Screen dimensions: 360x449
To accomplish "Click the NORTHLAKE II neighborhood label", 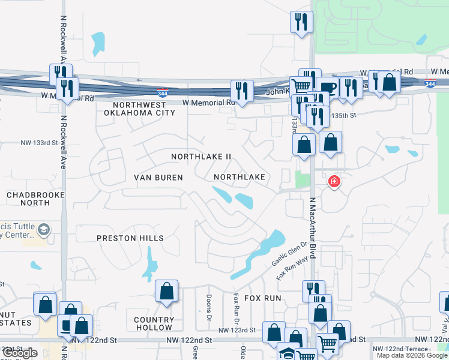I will (201, 157).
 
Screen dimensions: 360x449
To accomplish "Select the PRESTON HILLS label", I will (130, 238).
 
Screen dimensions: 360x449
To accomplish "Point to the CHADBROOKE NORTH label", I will (28, 199).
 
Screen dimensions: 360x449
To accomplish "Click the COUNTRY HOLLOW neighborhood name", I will (154, 324).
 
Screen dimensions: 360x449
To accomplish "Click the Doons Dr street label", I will (209, 307).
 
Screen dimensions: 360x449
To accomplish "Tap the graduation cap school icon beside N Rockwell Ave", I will (44, 229).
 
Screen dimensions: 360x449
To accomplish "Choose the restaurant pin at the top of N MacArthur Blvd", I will (300, 22).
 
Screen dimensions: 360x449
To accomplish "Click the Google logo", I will (20, 353).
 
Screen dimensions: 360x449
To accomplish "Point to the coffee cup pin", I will (327, 88).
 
